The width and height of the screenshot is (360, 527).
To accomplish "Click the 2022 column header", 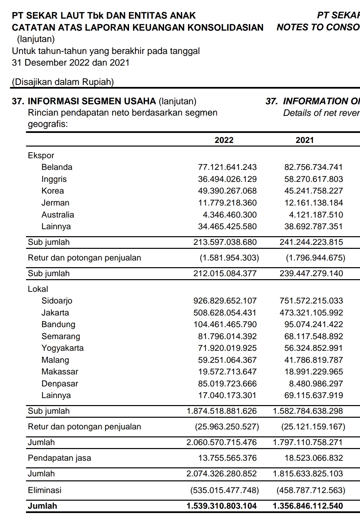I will pos(224,140).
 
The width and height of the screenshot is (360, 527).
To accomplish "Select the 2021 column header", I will pos(305,140).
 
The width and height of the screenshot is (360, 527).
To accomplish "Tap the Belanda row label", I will pos(57,167).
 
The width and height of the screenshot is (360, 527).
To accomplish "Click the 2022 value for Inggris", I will pos(227,179).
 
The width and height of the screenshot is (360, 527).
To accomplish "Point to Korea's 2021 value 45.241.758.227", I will pos(313,191).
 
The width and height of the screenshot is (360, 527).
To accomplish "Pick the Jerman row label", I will pos(55,203).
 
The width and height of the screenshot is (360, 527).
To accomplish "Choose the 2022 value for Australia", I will pos(230,215).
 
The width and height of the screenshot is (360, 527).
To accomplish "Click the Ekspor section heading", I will pos(41,156).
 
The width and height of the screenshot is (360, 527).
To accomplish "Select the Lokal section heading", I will pos(38,289).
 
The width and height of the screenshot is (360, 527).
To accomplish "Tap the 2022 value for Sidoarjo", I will pos(225,301).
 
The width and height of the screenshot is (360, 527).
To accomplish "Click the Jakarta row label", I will pos(55,313).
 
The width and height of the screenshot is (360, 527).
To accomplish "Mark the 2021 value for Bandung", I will pos(313,324).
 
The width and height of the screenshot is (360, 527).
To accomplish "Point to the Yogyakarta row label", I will pos(62,348).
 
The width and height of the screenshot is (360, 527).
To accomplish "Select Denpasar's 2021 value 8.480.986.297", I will pos(316,384).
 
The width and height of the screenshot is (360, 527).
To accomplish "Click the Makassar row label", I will pos(60,372).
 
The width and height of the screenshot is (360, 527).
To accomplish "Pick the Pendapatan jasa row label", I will pos(59,458).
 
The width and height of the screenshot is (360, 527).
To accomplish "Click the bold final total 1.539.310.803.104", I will pos(221,506).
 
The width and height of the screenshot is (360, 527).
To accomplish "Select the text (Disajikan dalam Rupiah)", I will pos(63,82).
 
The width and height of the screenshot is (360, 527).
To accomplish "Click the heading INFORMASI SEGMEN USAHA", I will pos(92,101).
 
